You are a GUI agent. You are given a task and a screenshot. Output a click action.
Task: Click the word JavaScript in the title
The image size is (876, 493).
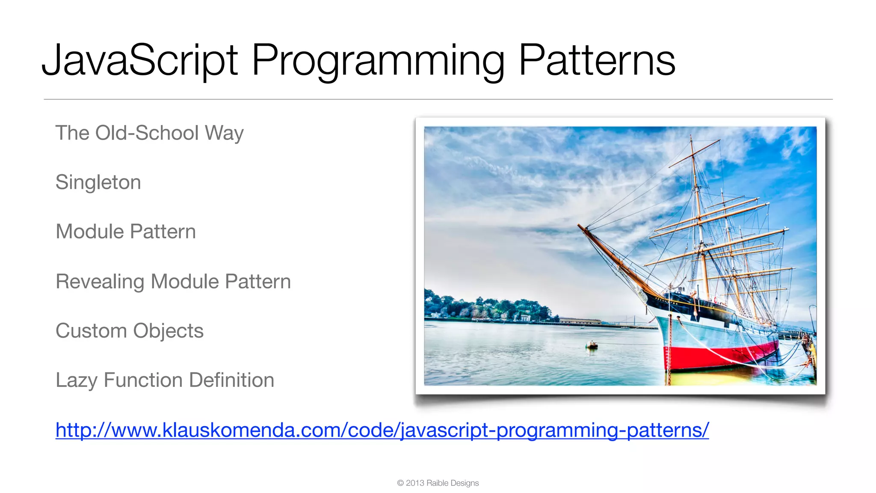point(139,61)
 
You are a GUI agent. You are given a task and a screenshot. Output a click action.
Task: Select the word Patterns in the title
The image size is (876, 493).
point(597,61)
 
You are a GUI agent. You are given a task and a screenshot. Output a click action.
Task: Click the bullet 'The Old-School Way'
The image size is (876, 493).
point(150,133)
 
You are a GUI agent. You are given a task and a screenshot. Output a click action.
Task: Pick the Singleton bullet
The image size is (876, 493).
point(98,183)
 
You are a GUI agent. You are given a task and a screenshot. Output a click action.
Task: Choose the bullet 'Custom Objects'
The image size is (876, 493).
point(130,331)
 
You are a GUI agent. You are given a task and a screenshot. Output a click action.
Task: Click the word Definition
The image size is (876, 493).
point(231,380)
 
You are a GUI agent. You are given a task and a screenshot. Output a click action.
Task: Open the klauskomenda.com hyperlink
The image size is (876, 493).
point(382,430)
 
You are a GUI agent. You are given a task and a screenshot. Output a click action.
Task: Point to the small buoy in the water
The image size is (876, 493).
point(592,345)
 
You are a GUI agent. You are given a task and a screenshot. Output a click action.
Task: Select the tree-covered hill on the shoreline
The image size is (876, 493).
point(488,306)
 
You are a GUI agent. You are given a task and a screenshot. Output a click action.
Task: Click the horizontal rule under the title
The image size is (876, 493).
point(438,99)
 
